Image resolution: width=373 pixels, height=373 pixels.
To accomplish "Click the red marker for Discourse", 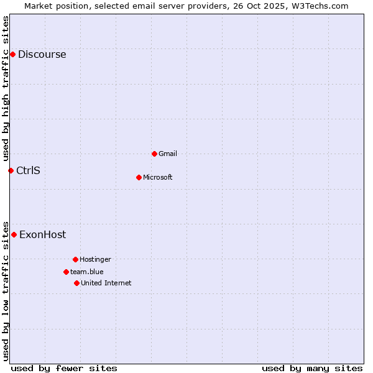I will coord(12,55).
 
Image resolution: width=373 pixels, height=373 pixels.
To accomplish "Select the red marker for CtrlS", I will coord(11,170).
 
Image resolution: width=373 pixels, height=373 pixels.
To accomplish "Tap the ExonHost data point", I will coord(14,234).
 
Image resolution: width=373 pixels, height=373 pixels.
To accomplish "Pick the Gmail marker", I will coord(154,154).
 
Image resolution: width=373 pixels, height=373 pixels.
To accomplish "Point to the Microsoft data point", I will coord(139,177).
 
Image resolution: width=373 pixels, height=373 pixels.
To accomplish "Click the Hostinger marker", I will coord(75,259).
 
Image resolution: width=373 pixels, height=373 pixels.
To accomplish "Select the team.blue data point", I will coord(66,272).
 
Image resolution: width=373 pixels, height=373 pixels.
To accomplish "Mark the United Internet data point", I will coord(76,283).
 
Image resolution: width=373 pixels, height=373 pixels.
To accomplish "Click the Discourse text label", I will coord(42,55).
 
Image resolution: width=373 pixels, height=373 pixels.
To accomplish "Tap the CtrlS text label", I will coord(28,170).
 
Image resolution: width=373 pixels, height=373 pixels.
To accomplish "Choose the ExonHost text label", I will coord(42,234).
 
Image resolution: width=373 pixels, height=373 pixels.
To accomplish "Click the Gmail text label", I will coord(168,154).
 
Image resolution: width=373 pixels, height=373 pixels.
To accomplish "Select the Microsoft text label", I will coord(157,177).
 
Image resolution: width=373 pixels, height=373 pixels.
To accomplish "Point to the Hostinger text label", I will coord(95,259).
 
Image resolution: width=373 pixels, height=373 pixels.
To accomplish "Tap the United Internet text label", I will coord(106,283).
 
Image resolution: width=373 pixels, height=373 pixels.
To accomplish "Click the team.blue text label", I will coord(86,272).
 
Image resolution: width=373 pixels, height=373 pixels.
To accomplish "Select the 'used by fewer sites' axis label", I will coord(64,368).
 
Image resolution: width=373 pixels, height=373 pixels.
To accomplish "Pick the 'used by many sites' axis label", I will coord(312,368).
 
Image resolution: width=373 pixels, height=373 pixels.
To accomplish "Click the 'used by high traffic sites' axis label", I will coord(6,88).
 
